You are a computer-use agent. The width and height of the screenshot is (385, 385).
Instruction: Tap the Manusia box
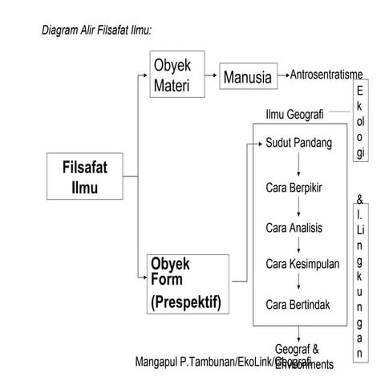248,78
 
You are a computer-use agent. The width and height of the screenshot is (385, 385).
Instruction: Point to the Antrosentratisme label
326,75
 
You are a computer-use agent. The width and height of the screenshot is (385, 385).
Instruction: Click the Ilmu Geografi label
294,115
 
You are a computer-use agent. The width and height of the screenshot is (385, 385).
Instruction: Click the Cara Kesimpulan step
302,264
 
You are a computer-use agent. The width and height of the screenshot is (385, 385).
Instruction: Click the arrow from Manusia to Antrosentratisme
283,77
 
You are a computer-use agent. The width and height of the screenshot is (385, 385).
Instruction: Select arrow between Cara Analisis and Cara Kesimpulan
298,245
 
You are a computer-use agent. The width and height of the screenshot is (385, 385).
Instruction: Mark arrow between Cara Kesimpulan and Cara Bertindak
298,284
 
